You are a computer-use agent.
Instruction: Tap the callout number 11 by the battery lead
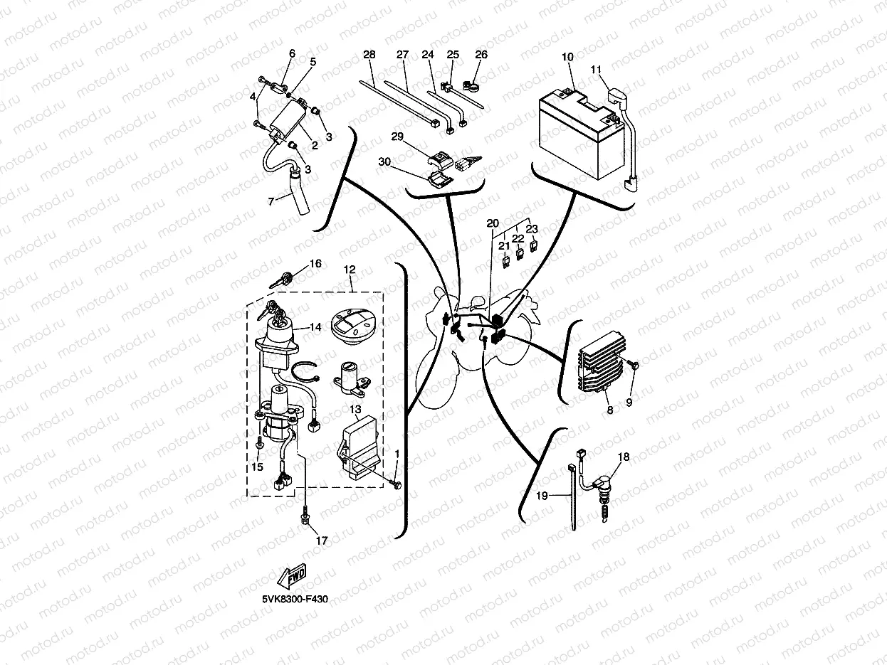(596, 69)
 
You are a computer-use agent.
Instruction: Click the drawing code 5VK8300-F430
(294, 599)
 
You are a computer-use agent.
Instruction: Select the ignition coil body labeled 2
(285, 120)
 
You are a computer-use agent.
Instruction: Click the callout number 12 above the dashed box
(349, 270)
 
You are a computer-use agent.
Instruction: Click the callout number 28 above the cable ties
(369, 55)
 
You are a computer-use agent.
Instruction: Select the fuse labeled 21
(505, 262)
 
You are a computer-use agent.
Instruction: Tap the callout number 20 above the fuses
(493, 223)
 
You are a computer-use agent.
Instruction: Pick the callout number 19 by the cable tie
(542, 496)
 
